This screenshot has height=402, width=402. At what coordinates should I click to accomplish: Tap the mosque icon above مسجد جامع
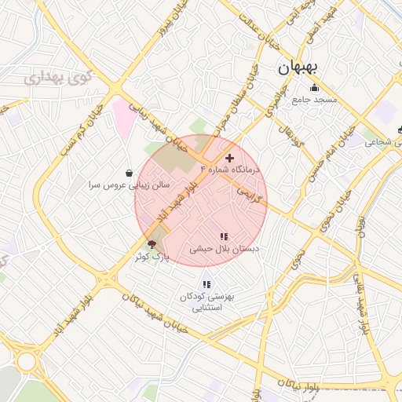(x=315, y=88)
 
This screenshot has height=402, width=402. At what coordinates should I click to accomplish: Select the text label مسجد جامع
(x=314, y=100)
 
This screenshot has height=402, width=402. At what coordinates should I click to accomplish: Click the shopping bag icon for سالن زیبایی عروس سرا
(x=129, y=173)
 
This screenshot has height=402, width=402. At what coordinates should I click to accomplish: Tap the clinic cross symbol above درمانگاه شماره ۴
(x=229, y=159)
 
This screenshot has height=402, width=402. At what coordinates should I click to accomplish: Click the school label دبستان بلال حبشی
(x=224, y=248)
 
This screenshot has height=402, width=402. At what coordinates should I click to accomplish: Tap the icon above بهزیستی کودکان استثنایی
(x=206, y=284)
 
